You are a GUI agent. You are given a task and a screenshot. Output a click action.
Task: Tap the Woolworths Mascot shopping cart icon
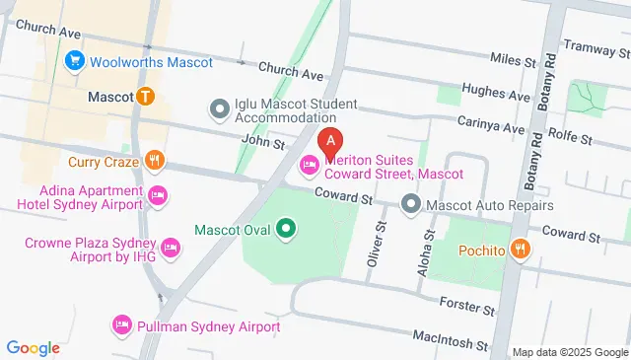(74, 62)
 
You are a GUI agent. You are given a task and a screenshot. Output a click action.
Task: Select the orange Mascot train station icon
(146, 97)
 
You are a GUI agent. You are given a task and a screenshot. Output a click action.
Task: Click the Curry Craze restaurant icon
(154, 160)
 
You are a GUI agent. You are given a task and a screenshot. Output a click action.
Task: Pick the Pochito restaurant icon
(522, 251)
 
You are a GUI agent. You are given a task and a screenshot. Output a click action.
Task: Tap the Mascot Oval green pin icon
(286, 231)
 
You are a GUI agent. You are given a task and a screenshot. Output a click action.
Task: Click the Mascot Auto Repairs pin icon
(411, 205)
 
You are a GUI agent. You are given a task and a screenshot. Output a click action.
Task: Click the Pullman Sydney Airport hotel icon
(122, 325)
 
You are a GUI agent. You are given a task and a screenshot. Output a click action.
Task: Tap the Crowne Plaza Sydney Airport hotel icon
(170, 246)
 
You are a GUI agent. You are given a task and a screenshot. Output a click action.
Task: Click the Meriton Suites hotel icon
(309, 163)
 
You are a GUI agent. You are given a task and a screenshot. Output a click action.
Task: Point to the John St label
(263, 143)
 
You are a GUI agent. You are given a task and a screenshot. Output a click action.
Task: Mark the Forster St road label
(467, 309)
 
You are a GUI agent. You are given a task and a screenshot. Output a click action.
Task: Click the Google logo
(34, 347)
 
